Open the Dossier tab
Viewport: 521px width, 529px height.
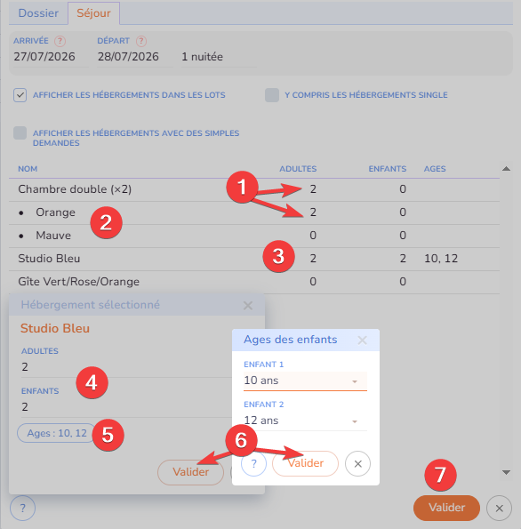pyautogui.click(x=38, y=13)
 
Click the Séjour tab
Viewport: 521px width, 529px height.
pyautogui.click(x=93, y=13)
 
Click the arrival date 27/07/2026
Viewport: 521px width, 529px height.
pyautogui.click(x=44, y=57)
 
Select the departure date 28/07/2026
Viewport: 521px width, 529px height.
pyautogui.click(x=128, y=57)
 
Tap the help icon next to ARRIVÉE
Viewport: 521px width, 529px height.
pyautogui.click(x=60, y=41)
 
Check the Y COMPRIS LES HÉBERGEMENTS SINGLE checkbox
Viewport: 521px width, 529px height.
pyautogui.click(x=272, y=95)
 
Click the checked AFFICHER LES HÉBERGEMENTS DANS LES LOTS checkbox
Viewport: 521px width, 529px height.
pyautogui.click(x=20, y=95)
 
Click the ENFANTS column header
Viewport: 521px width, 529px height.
pyautogui.click(x=388, y=169)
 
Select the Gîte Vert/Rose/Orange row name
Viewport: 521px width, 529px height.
pyautogui.click(x=78, y=281)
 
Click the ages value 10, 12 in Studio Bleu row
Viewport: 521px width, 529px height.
pyautogui.click(x=441, y=259)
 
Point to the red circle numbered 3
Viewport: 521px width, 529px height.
pyautogui.click(x=278, y=256)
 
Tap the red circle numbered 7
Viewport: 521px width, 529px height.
pyautogui.click(x=440, y=475)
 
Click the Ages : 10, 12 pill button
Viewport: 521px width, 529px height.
pyautogui.click(x=57, y=433)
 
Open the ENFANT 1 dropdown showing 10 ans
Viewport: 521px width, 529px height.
pyautogui.click(x=305, y=381)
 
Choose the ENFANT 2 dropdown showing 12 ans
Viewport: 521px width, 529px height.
pyautogui.click(x=305, y=421)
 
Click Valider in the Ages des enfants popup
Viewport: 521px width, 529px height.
pyautogui.click(x=305, y=463)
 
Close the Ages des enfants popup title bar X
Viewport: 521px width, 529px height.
pyautogui.click(x=362, y=340)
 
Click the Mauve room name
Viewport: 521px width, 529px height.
pyautogui.click(x=53, y=235)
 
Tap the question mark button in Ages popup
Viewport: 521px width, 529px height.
pyautogui.click(x=253, y=463)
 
